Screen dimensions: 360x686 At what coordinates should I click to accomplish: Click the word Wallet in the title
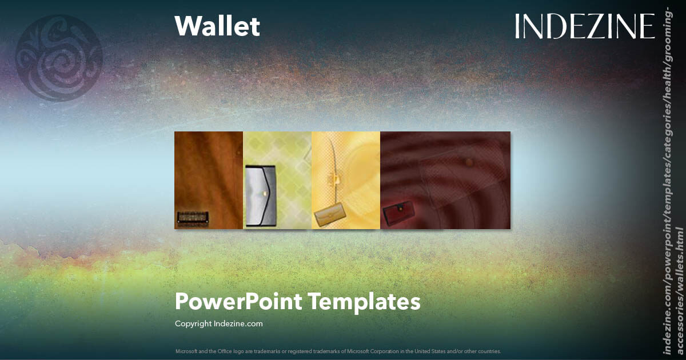click(217, 26)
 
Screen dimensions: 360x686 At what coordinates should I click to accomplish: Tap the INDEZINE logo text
click(584, 26)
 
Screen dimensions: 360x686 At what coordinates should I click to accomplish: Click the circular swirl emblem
click(59, 58)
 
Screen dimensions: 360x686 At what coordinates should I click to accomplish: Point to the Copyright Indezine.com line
click(219, 324)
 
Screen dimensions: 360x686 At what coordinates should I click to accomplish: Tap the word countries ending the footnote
click(489, 351)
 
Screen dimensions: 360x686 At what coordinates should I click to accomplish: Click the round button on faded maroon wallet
click(469, 163)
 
